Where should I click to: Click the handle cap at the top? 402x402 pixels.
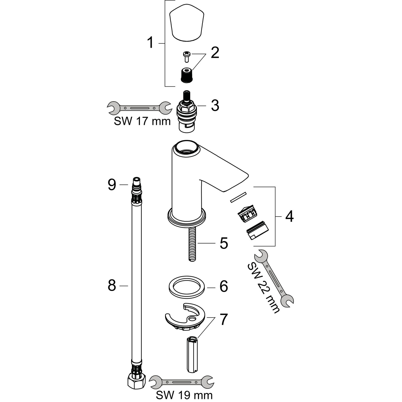pos(186,23)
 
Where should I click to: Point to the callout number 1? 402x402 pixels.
pos(150,43)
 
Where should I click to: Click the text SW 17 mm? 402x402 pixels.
pos(142,121)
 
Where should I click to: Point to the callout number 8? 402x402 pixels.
pos(112,286)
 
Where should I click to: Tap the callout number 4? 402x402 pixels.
pos(289,216)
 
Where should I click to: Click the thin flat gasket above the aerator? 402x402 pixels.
pos(238,197)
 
